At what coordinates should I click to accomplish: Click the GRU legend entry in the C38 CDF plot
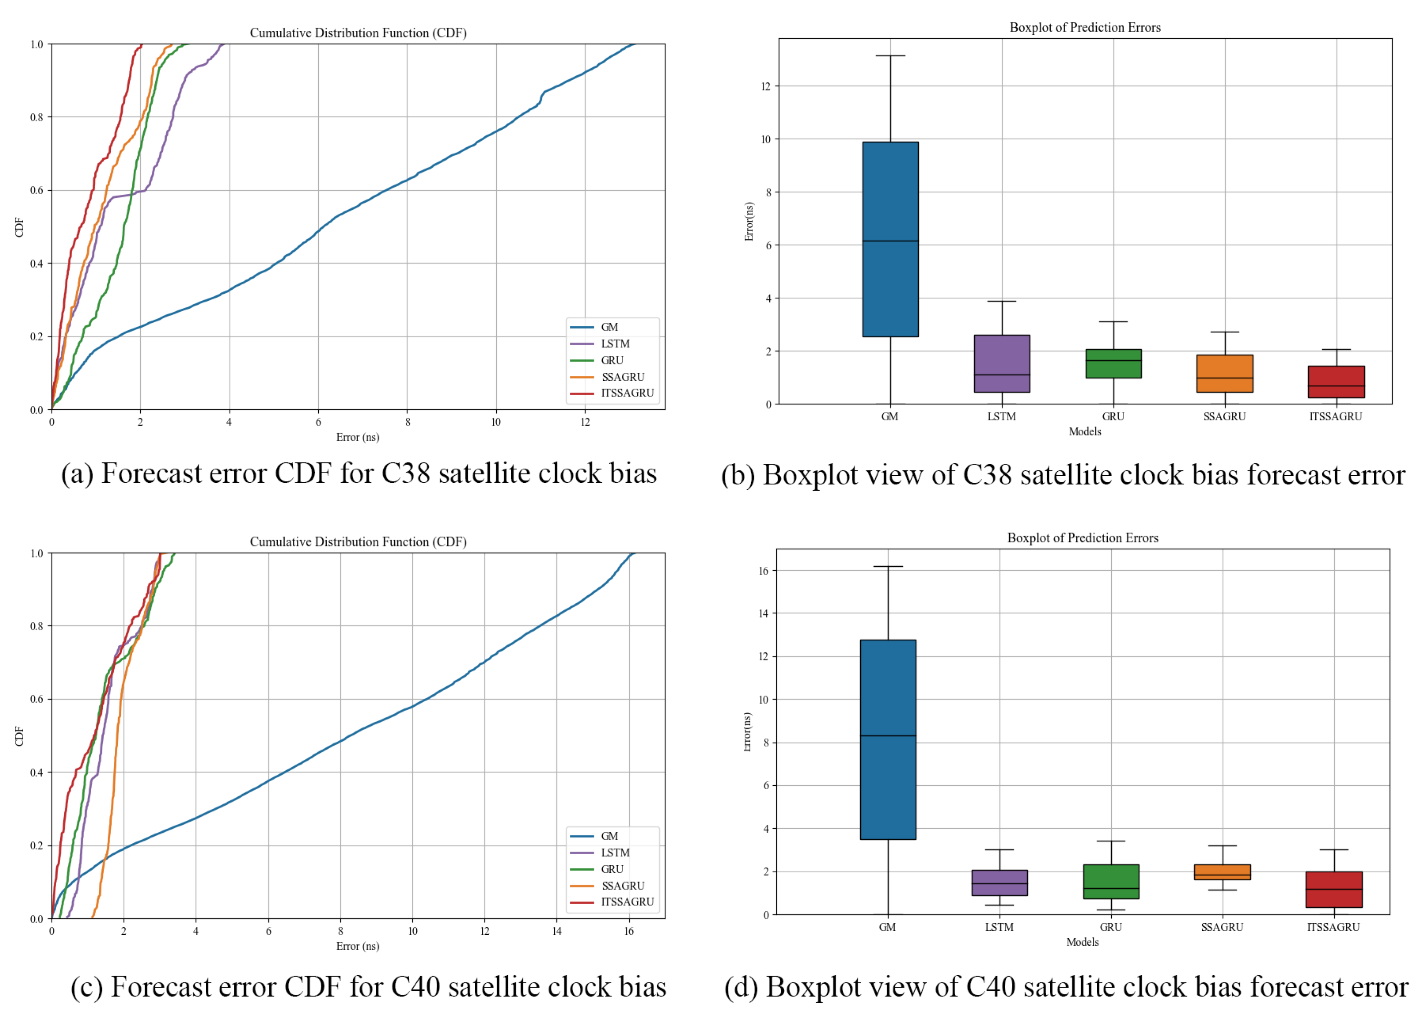[x=612, y=360]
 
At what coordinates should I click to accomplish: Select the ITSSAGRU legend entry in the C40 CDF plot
[x=627, y=901]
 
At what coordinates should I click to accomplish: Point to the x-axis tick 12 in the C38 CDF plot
[x=585, y=422]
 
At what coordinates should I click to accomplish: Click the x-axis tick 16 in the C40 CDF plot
[x=628, y=931]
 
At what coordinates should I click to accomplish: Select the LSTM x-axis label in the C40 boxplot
[x=999, y=927]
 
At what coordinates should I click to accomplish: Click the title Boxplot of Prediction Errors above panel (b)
[x=1084, y=27]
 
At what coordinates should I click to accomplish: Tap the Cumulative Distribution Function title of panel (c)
[x=358, y=541]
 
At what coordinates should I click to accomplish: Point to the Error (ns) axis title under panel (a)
[x=357, y=437]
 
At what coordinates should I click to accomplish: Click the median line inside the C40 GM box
[x=887, y=736]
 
